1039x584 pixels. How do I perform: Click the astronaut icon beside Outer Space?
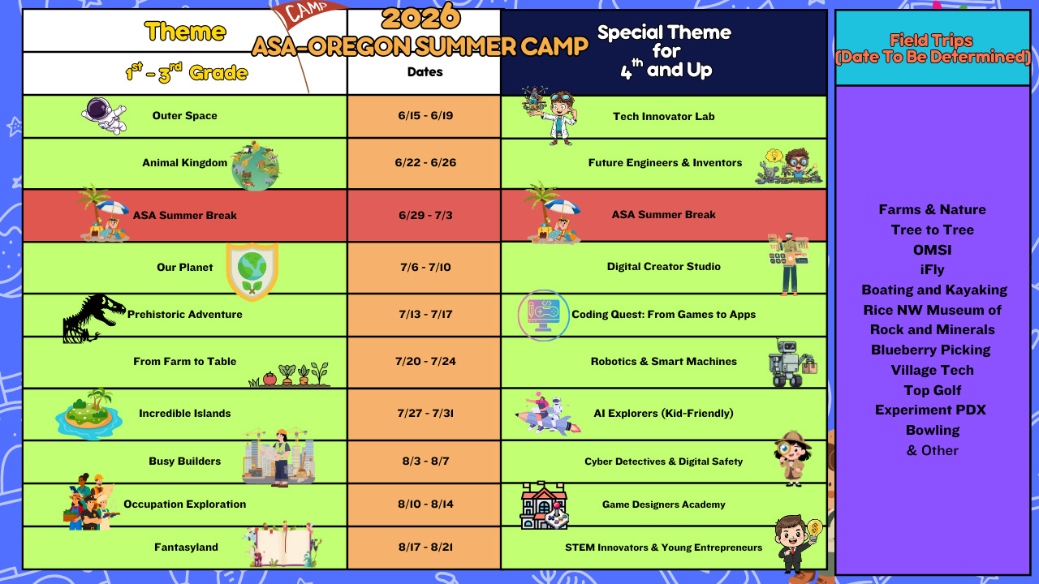(104, 115)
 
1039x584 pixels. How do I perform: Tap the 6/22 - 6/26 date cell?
(425, 163)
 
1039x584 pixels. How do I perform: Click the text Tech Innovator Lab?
(663, 116)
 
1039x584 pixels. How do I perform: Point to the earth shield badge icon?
(252, 272)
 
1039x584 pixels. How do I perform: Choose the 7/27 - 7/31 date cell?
(425, 413)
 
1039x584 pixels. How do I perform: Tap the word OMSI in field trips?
(932, 250)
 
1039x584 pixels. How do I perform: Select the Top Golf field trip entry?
(933, 390)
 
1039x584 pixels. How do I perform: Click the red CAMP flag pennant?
(308, 12)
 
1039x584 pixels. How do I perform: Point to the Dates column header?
(425, 72)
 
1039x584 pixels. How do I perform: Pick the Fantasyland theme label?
(186, 547)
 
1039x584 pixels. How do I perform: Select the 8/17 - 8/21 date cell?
(425, 547)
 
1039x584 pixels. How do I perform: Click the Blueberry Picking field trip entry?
(930, 350)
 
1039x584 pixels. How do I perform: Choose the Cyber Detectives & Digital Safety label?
(663, 462)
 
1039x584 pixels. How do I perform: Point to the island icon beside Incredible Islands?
(89, 414)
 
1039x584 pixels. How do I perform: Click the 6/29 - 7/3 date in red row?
(425, 215)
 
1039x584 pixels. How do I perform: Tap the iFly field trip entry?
(932, 270)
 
